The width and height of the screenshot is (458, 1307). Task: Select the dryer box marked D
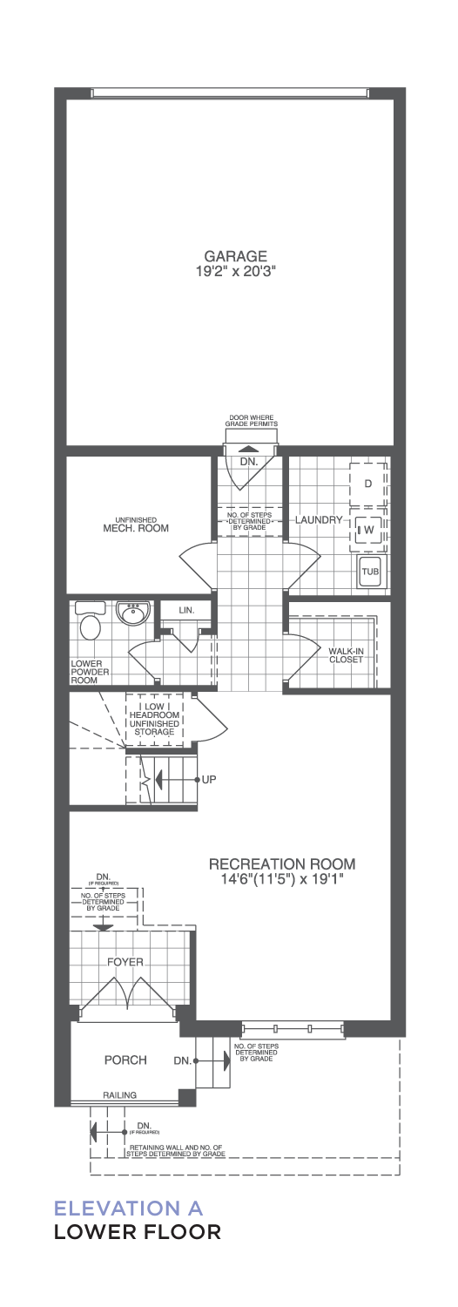(367, 484)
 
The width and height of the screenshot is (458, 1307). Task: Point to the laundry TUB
(370, 572)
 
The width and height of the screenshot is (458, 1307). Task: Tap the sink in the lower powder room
(133, 614)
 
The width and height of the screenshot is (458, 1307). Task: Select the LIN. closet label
(186, 610)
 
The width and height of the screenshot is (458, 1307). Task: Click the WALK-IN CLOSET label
(346, 654)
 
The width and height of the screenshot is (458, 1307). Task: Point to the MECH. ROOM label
(135, 528)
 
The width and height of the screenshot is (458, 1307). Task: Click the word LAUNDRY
(318, 519)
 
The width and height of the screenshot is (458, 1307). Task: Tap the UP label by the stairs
(209, 779)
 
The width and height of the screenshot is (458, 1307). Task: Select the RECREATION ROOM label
(282, 863)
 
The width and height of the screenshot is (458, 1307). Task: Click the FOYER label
(125, 962)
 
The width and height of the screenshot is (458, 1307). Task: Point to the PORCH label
(125, 1060)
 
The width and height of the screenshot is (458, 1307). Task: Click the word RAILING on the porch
(119, 1095)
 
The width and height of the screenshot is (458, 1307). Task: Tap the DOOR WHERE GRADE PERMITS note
(253, 421)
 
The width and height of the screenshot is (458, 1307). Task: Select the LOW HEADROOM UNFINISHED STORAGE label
(154, 719)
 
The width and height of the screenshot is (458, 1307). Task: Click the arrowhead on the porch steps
(226, 1060)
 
